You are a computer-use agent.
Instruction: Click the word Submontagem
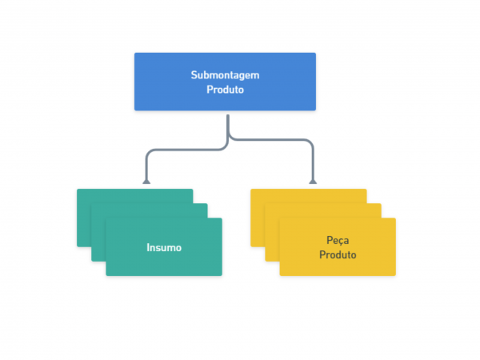coord(225,75)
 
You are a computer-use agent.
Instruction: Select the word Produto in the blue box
coord(225,90)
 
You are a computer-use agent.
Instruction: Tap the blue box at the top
coord(225,82)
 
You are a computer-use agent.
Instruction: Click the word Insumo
coord(164,247)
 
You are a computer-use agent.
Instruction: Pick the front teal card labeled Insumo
coord(164,246)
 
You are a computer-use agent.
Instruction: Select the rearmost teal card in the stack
coord(84,218)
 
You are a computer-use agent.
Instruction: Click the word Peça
coord(338,241)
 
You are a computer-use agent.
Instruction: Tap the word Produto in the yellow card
coord(338,254)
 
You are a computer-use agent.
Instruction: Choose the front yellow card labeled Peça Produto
coord(338,246)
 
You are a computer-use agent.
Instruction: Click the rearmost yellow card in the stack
coord(258,218)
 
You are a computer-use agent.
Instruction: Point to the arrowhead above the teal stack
coord(146,182)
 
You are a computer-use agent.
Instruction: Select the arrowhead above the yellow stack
coord(313,182)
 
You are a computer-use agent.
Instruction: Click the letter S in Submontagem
coord(194,75)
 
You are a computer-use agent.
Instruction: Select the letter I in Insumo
coord(148,247)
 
